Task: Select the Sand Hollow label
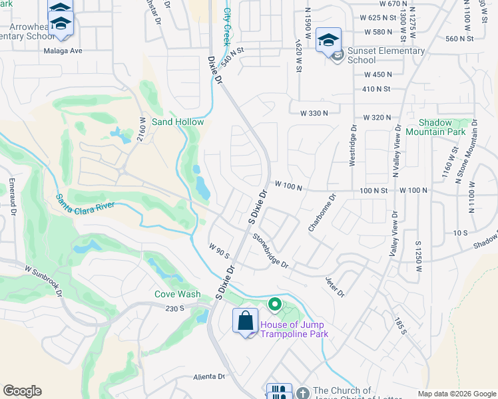[x=178, y=122]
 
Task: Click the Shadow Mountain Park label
[x=445, y=127]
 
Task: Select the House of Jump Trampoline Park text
[x=294, y=329]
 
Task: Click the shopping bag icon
[x=245, y=321]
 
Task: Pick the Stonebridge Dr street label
[x=270, y=251]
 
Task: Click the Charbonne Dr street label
[x=322, y=213]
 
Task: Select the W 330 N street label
[x=314, y=114]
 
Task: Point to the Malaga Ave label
[x=63, y=51]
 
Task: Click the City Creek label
[x=226, y=26]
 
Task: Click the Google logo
[x=22, y=391]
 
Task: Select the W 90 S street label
[x=218, y=251]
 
